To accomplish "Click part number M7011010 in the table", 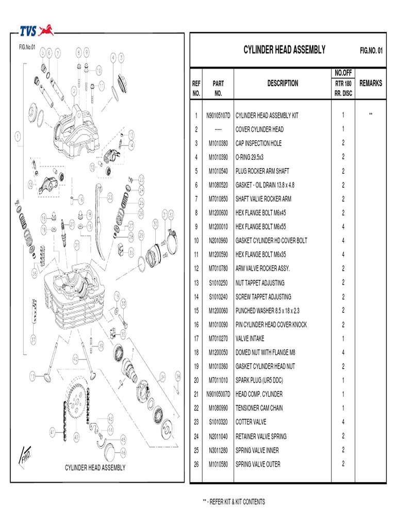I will pos(218,381).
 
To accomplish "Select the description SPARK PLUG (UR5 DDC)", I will pos(259,381).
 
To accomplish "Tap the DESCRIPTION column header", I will pos(283,83).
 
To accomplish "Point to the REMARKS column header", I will pos(371,83).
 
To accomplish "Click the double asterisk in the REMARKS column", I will pos(370,115).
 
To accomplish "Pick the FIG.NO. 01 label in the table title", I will pos(371,51).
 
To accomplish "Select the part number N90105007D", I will pos(218,394).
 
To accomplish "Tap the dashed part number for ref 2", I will pos(218,129).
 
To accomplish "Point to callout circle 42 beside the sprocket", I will pos(76,437).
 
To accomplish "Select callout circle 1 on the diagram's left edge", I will pos(18,137).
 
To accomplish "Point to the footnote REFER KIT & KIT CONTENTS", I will pos(235,502).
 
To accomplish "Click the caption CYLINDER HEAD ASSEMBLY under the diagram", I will pos(95,468).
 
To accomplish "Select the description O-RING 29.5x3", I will pos(253,157).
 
